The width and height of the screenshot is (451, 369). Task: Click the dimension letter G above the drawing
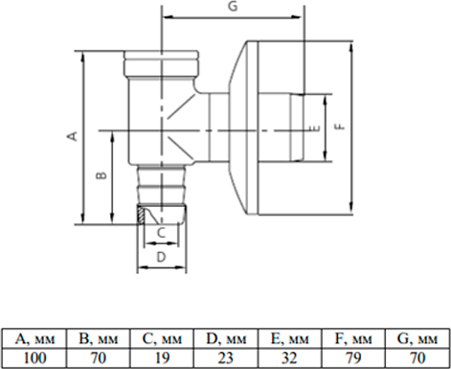pyautogui.click(x=234, y=6)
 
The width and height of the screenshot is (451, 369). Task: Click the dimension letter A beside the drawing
pyautogui.click(x=73, y=136)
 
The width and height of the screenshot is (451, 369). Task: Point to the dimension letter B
pyautogui.click(x=101, y=175)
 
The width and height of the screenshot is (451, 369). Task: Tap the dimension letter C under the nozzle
pyautogui.click(x=162, y=233)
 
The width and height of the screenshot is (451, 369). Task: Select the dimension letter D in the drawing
pyautogui.click(x=162, y=257)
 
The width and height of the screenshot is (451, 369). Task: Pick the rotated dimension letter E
pyautogui.click(x=315, y=127)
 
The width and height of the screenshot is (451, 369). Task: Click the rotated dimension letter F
pyautogui.click(x=341, y=127)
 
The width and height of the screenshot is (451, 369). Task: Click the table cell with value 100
pyautogui.click(x=34, y=357)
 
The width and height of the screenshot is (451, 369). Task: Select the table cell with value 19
pyautogui.click(x=162, y=357)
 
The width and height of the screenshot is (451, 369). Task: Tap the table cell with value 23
pyautogui.click(x=226, y=357)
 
